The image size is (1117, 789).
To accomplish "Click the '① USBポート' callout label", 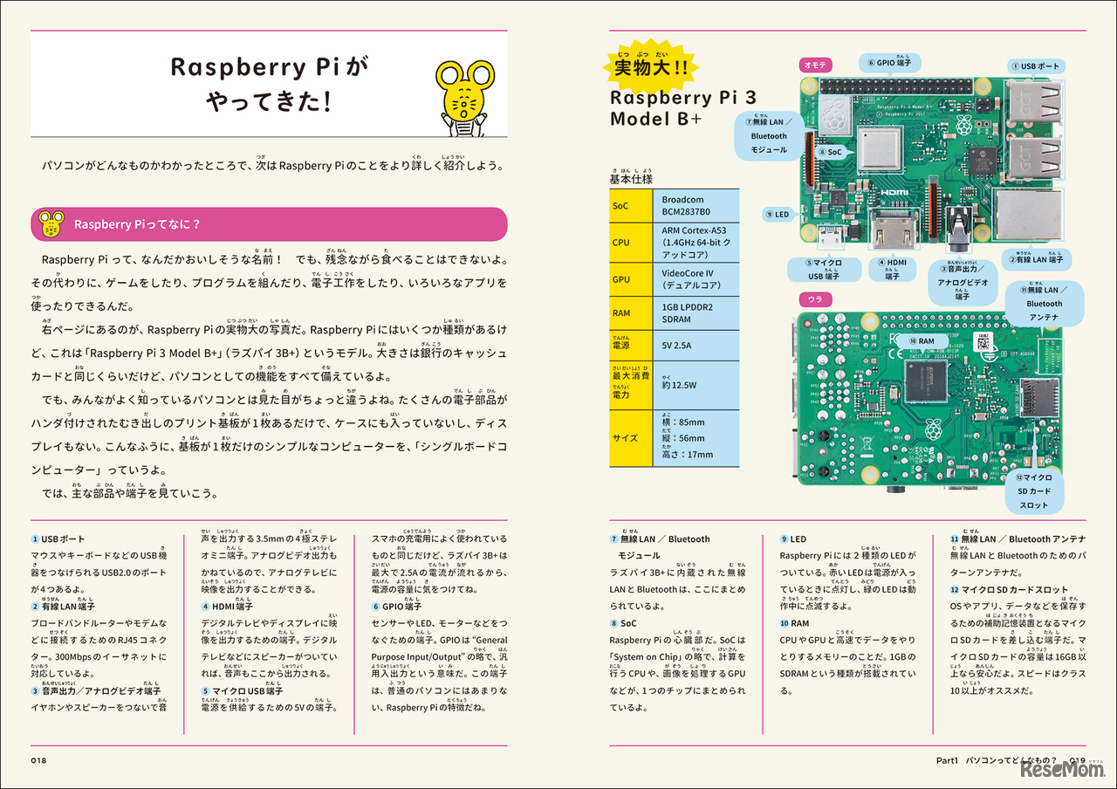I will [x=1036, y=65].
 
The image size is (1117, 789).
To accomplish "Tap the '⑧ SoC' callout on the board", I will [x=830, y=151].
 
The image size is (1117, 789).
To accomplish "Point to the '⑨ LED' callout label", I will [x=777, y=214].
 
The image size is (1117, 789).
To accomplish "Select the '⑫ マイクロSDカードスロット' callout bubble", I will [x=1033, y=491].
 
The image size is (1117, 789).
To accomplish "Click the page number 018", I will [x=38, y=760].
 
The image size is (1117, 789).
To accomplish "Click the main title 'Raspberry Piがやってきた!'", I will [x=269, y=86].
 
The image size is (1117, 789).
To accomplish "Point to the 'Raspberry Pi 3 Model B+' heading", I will [x=672, y=107].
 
